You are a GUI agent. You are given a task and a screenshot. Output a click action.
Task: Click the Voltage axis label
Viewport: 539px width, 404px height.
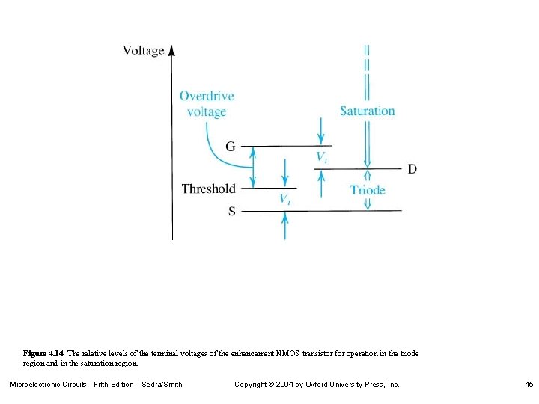[143, 51]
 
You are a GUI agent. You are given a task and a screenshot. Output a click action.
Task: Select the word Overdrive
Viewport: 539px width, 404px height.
[207, 96]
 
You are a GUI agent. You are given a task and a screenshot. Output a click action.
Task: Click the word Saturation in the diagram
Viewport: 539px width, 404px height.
[367, 111]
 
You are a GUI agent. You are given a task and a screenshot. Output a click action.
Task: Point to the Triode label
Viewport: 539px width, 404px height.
[368, 189]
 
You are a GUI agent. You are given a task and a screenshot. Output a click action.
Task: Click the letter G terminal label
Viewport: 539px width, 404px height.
[231, 147]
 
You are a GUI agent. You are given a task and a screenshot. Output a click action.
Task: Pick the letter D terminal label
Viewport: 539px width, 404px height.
[412, 169]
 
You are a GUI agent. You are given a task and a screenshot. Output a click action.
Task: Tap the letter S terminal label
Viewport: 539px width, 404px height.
[232, 211]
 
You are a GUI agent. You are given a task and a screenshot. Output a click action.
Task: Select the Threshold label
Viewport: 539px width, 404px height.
[208, 189]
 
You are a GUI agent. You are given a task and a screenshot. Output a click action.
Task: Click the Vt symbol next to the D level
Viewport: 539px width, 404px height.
[320, 157]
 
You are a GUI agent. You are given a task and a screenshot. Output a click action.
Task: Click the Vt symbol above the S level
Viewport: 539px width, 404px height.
[284, 199]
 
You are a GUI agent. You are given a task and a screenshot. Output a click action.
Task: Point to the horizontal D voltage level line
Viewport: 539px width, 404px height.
[359, 169]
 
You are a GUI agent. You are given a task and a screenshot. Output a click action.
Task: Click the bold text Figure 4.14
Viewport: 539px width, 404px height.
[44, 352]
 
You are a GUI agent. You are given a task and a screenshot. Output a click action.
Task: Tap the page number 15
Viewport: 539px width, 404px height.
[529, 384]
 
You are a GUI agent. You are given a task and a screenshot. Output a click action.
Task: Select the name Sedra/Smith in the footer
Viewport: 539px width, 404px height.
[162, 384]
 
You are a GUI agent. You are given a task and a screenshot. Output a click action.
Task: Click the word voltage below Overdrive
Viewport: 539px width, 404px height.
[207, 111]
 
